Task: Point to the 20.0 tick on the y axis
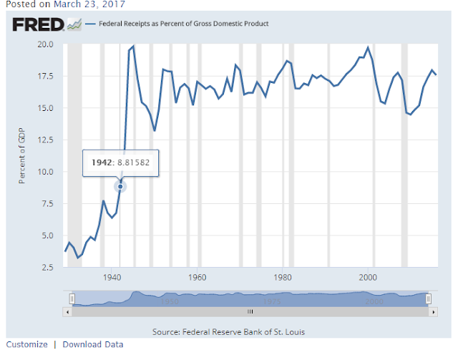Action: (x=45, y=44)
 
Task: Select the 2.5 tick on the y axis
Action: (x=47, y=267)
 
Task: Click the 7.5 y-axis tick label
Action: (x=47, y=204)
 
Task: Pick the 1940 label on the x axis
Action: (x=112, y=277)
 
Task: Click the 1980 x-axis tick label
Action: (x=283, y=277)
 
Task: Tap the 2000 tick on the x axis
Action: (x=369, y=277)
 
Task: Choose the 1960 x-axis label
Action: (x=197, y=277)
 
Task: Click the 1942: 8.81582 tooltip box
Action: (x=120, y=162)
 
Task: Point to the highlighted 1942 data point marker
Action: (x=120, y=187)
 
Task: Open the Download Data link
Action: (x=93, y=344)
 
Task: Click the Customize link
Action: (x=27, y=344)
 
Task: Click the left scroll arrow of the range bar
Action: (x=69, y=311)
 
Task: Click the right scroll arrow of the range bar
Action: (x=431, y=311)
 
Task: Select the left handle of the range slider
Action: (x=72, y=298)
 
